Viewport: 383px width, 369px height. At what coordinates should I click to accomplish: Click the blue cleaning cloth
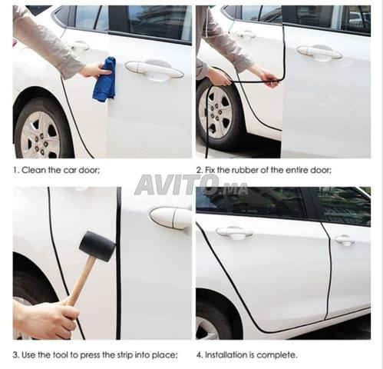pyautogui.click(x=104, y=80)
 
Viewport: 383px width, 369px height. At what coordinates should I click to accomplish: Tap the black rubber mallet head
pyautogui.click(x=97, y=246)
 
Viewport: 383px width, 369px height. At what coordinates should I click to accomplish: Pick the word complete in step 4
pyautogui.click(x=279, y=354)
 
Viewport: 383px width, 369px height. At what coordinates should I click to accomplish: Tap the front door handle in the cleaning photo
pyautogui.click(x=154, y=69)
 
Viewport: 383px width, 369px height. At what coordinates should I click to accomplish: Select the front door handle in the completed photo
pyautogui.click(x=234, y=232)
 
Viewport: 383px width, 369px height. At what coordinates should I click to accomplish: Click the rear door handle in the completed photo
pyautogui.click(x=345, y=240)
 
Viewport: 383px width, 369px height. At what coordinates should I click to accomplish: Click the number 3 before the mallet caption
pyautogui.click(x=15, y=354)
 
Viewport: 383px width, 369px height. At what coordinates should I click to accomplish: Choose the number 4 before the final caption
pyautogui.click(x=198, y=354)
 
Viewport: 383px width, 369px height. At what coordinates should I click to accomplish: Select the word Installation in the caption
pyautogui.click(x=228, y=354)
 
